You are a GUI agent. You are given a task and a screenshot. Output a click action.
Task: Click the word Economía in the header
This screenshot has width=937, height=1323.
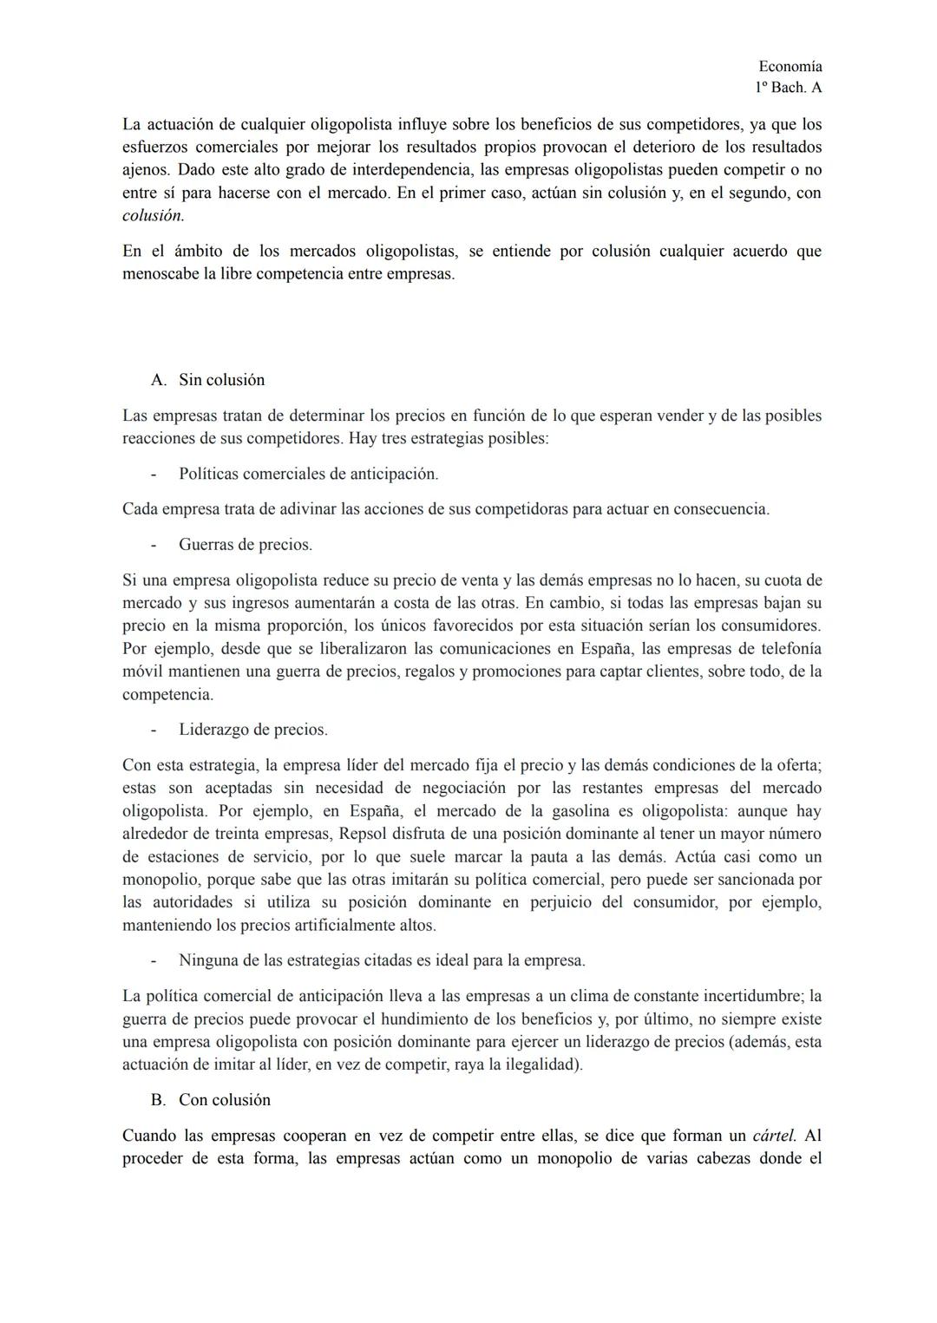point(790,67)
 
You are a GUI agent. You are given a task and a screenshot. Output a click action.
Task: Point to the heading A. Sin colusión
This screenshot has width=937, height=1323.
point(208,380)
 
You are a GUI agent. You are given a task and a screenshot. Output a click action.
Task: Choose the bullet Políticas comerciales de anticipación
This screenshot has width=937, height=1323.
point(308,474)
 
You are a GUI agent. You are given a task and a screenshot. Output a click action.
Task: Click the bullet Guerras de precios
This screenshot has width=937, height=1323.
point(245,545)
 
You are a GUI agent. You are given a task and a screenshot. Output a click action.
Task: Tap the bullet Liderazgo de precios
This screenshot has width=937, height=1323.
point(252,730)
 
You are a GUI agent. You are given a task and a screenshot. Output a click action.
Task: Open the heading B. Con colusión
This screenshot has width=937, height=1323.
point(210,1100)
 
